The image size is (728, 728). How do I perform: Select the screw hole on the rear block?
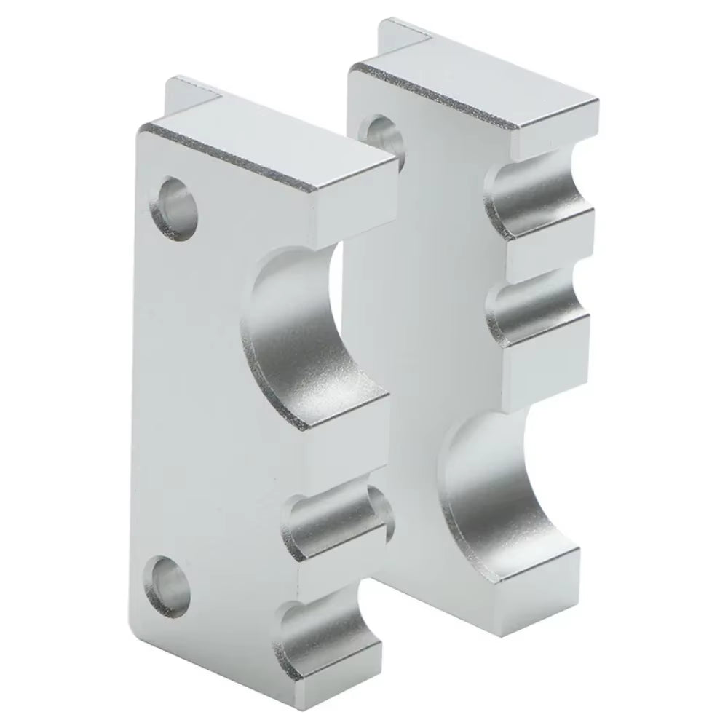click(381, 131)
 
